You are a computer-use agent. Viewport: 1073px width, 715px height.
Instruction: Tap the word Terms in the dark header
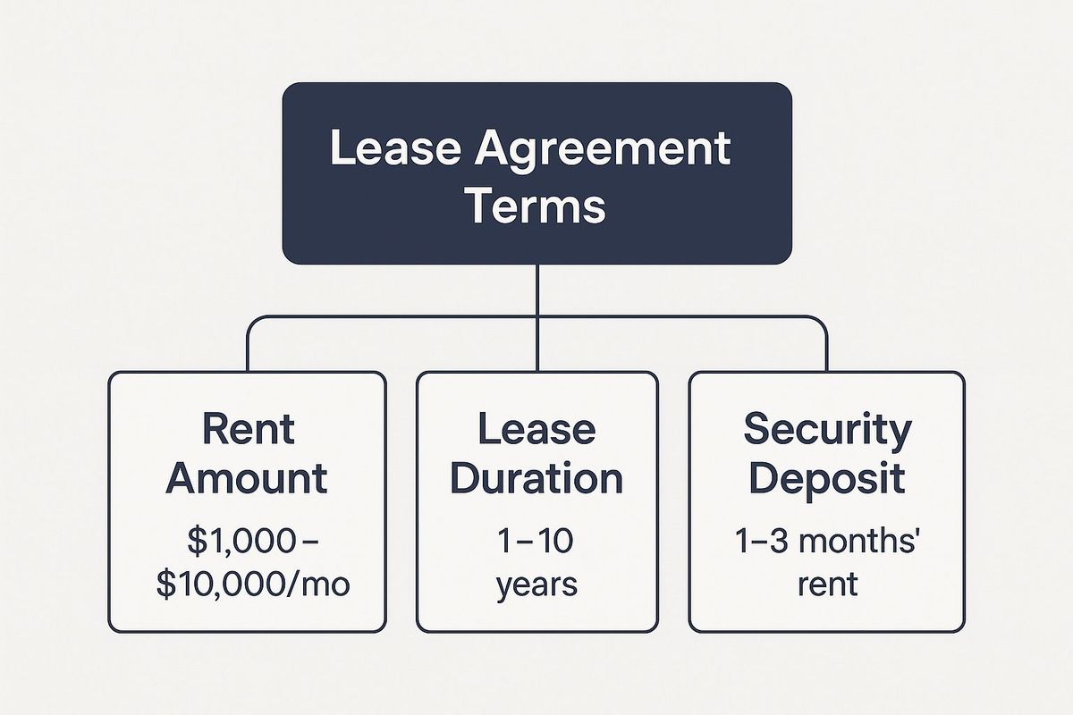tap(536, 206)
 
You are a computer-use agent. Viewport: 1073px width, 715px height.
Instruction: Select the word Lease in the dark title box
tap(395, 147)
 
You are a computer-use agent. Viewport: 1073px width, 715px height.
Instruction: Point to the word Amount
tap(247, 478)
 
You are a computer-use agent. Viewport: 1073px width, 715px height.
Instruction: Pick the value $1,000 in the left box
tap(241, 541)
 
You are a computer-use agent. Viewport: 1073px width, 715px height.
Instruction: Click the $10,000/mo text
tap(253, 585)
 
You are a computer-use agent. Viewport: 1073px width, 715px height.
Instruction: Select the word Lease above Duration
tap(537, 428)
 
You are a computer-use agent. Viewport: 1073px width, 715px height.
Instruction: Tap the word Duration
tap(536, 478)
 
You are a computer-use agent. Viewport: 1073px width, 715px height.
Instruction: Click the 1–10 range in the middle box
tap(535, 541)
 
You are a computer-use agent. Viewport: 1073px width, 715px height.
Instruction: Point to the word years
tap(536, 585)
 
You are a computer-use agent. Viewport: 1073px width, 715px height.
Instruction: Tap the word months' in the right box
tap(859, 541)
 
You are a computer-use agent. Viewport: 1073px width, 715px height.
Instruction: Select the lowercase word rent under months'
tap(827, 585)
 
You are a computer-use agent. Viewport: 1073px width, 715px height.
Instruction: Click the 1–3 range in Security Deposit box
tap(762, 541)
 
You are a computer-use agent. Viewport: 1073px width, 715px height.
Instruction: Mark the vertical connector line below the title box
tap(537, 317)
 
